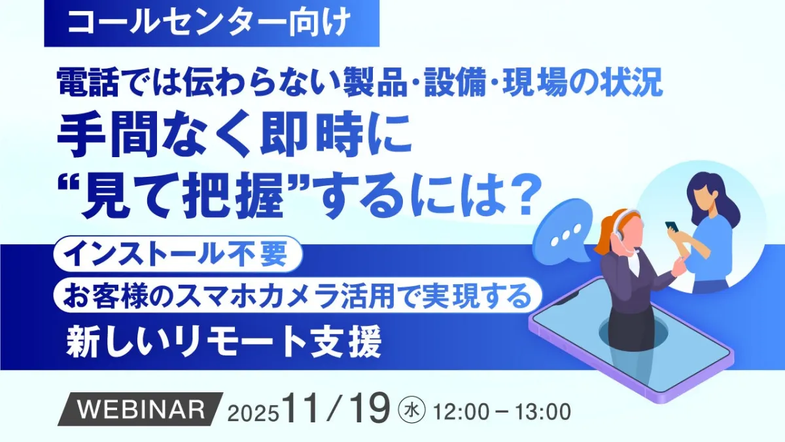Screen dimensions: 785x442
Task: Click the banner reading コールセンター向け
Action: click(x=212, y=23)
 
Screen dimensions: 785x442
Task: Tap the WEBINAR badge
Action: click(x=140, y=409)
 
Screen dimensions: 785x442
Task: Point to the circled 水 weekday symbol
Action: click(x=411, y=410)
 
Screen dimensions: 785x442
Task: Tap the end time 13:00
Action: click(x=543, y=412)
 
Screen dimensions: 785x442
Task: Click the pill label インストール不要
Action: click(x=178, y=254)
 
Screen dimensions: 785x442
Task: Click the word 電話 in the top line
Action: click(x=88, y=83)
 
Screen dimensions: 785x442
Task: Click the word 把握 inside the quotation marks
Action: click(x=234, y=197)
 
